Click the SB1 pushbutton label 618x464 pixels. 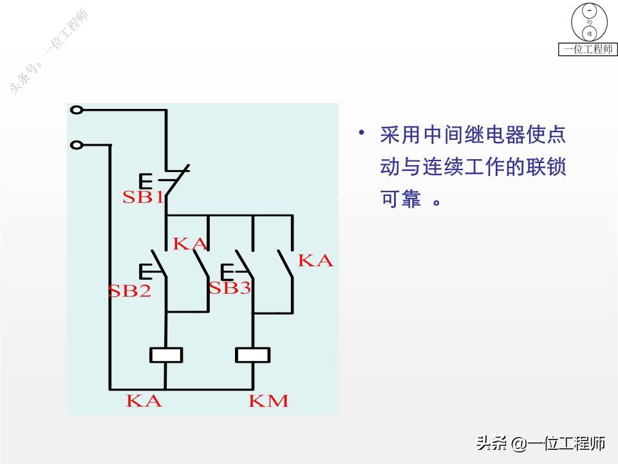(x=143, y=197)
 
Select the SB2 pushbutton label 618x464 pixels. (x=129, y=291)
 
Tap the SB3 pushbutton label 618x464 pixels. (x=229, y=288)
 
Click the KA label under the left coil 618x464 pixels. (x=144, y=401)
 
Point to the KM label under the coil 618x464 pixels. (x=268, y=401)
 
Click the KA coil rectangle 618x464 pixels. (x=166, y=354)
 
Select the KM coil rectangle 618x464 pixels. (x=252, y=354)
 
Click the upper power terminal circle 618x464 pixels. (x=77, y=110)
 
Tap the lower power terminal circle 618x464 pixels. (x=77, y=145)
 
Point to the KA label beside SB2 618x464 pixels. (x=191, y=244)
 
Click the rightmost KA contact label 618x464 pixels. (x=315, y=260)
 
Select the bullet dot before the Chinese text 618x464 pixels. (x=362, y=133)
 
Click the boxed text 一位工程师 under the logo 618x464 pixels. (x=588, y=50)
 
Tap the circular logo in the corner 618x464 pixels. (x=588, y=21)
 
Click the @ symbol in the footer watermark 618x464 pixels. (x=519, y=443)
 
